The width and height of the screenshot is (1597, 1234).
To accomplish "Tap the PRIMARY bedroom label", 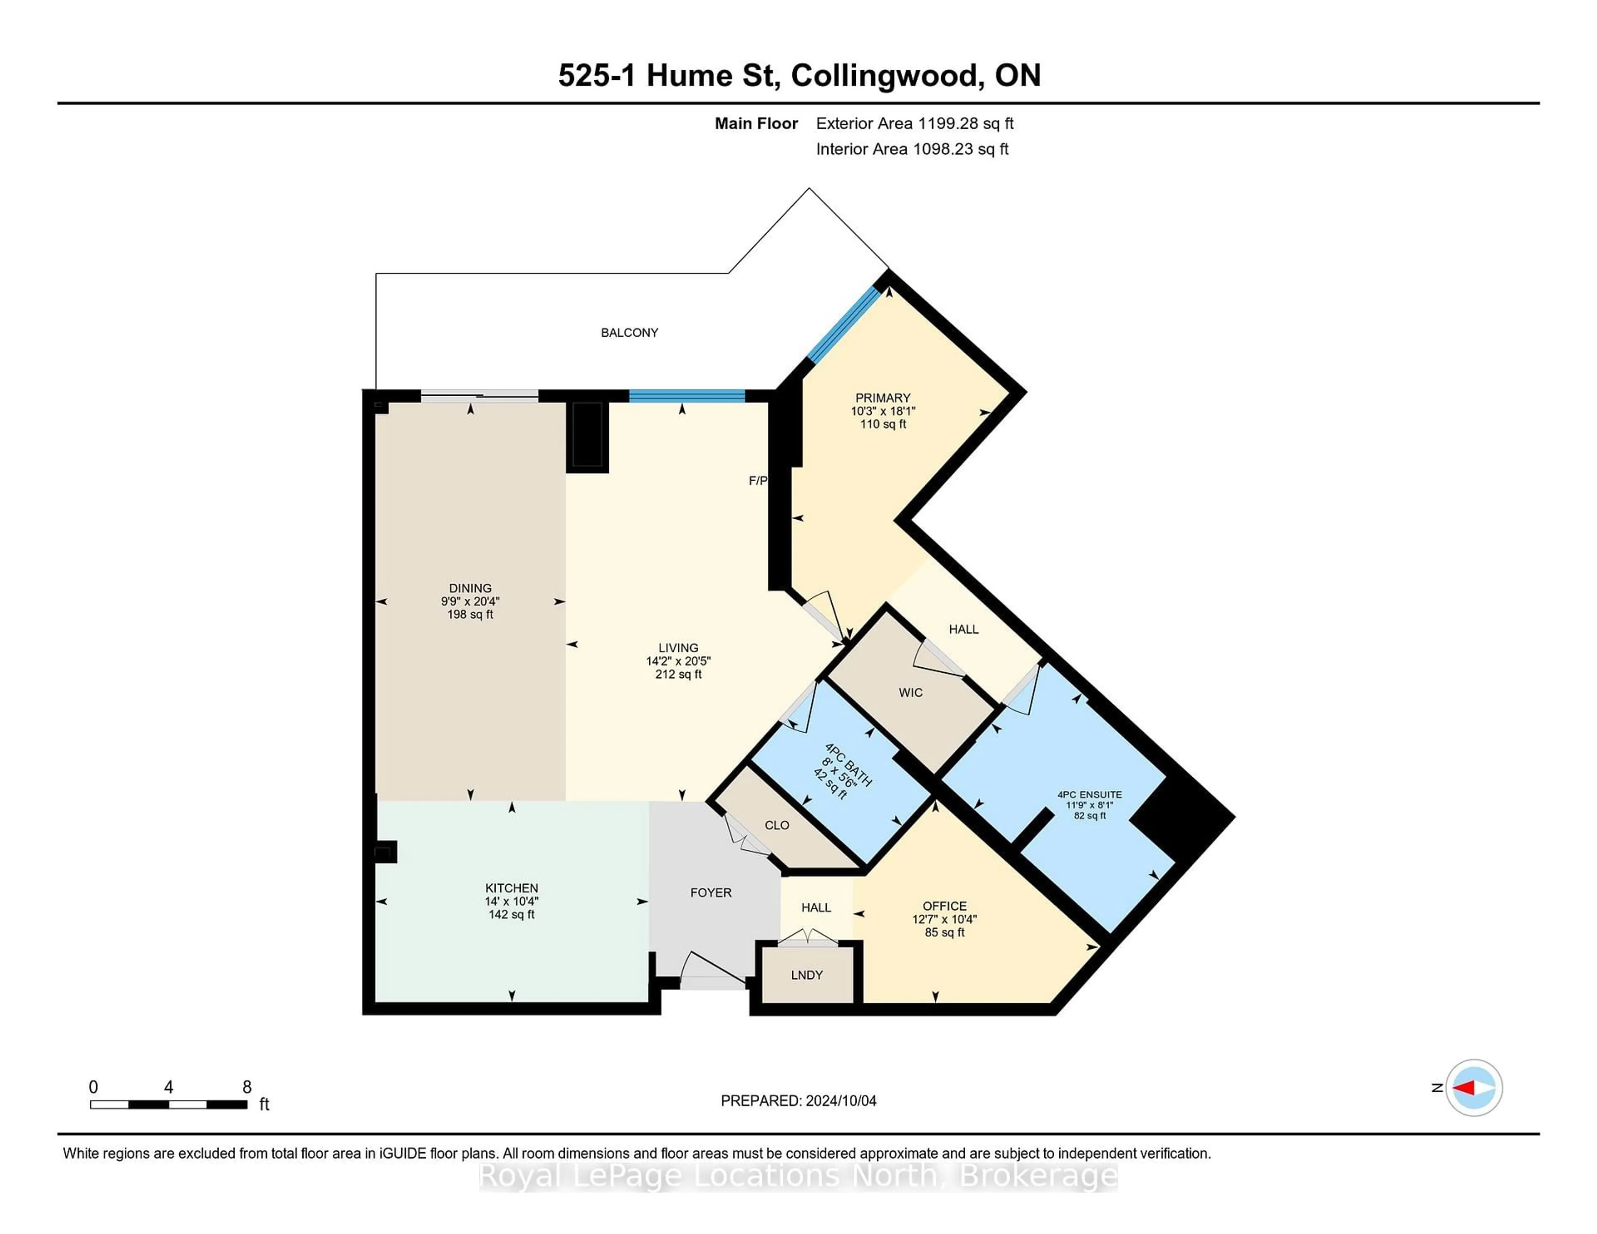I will point(883,398).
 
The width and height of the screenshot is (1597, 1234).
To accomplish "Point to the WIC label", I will point(910,692).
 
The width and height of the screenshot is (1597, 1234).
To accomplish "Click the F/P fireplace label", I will point(758,480).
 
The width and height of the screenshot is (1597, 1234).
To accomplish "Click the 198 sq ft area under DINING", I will point(470,615).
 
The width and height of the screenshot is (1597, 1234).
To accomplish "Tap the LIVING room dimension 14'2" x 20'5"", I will point(678,661).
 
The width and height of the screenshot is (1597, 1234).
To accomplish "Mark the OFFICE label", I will point(944,906).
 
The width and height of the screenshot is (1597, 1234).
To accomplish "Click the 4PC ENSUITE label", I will point(1089,795).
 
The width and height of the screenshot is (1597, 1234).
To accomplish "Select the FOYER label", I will point(711,893).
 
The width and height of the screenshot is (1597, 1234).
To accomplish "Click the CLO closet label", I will point(776,825).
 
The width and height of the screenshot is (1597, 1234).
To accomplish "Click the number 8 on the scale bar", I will point(247,1087).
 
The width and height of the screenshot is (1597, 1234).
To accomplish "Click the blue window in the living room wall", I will point(687,396).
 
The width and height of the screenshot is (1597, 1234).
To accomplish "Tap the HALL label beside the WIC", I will point(963,629).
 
